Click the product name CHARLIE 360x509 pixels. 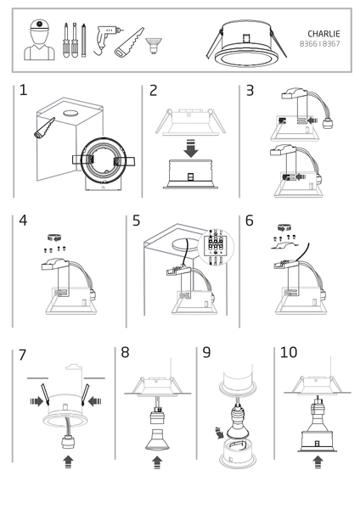(323, 34)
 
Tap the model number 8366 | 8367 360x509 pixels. (319, 44)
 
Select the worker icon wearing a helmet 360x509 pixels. (39, 40)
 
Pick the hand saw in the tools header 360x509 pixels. (129, 42)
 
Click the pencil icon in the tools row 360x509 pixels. (84, 40)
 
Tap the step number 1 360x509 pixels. (23, 90)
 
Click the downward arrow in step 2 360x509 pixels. (191, 148)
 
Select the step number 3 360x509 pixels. (250, 91)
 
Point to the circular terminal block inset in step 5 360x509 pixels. (216, 248)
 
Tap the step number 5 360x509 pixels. (136, 221)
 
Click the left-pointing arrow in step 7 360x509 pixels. (94, 401)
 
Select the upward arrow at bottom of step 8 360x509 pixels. (157, 463)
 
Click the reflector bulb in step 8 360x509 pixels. (157, 439)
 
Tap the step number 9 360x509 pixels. (206, 352)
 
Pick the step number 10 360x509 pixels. (289, 352)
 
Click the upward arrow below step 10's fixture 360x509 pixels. (318, 462)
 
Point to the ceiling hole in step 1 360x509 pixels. (70, 114)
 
